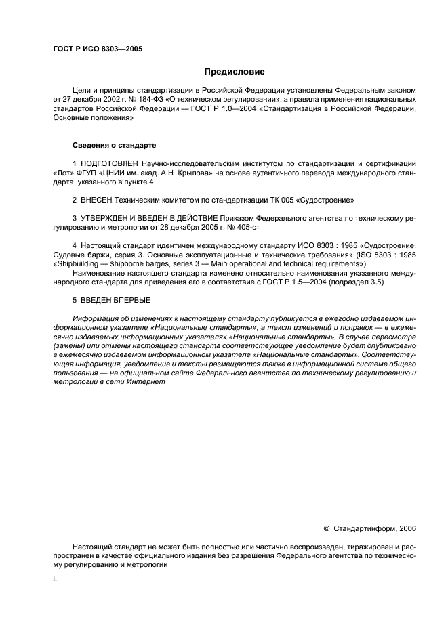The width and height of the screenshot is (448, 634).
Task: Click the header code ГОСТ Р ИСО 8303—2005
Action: coord(97,49)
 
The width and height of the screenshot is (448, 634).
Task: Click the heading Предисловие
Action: coord(235,72)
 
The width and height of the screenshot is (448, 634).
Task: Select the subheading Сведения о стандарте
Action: coord(114,146)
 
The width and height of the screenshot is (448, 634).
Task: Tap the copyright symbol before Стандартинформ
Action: coord(327,528)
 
